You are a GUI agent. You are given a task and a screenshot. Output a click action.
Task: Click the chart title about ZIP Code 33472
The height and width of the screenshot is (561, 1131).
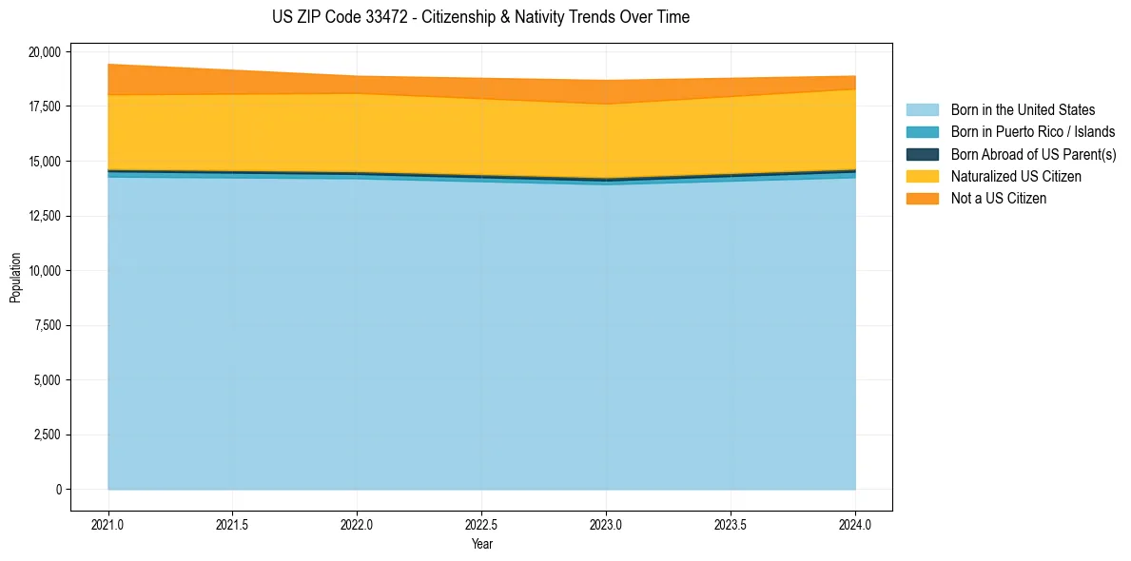tap(480, 17)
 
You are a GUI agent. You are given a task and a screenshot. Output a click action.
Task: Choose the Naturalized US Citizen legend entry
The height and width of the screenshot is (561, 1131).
tap(1016, 177)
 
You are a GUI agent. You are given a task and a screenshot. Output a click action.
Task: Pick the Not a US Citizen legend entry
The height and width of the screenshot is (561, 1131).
tap(998, 199)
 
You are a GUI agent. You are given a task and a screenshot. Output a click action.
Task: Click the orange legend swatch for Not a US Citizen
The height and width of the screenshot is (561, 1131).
tap(922, 199)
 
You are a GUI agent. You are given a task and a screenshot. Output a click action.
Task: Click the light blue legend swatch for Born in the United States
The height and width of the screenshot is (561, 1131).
tap(922, 110)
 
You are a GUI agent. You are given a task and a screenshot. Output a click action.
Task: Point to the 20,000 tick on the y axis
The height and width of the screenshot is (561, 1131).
tap(44, 51)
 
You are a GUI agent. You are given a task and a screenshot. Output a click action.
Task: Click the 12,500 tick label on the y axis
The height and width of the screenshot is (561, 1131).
tap(44, 216)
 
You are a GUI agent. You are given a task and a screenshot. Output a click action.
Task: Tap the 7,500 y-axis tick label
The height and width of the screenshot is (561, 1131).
tap(47, 325)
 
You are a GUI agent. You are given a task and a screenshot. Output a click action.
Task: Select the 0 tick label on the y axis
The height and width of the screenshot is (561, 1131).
tap(58, 490)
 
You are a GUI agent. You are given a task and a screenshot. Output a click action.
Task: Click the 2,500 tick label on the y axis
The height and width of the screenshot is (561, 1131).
tap(47, 435)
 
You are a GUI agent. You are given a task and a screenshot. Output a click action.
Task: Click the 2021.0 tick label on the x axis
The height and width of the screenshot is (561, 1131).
tap(108, 523)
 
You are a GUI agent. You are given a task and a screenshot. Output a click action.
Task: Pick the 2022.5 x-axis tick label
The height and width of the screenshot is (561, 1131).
tap(481, 523)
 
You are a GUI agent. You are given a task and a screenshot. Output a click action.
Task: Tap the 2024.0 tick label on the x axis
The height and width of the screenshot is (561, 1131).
tap(855, 523)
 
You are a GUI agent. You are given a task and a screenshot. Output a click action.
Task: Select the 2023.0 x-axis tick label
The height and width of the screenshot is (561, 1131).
tap(606, 523)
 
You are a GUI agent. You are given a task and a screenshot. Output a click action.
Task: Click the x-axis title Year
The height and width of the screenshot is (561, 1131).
tap(481, 544)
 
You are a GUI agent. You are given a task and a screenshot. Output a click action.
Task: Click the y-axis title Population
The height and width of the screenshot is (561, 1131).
tap(15, 278)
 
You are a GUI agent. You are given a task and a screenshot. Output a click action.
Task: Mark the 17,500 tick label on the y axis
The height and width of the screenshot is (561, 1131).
tap(44, 106)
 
